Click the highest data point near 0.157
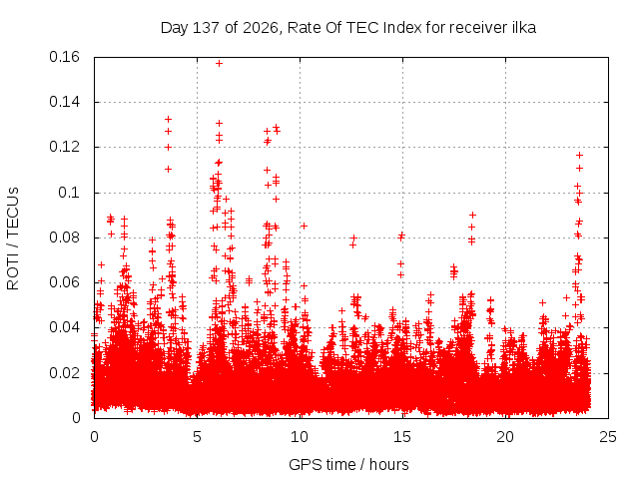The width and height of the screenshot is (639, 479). tap(219, 64)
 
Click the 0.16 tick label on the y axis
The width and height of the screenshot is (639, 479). tap(64, 57)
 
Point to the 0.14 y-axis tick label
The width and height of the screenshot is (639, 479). tap(64, 102)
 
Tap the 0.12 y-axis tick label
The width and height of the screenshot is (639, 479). tap(64, 147)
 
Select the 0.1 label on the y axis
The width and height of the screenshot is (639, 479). tap(69, 193)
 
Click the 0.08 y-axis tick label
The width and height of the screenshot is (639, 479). tap(64, 238)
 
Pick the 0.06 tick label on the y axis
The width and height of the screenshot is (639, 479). tap(64, 282)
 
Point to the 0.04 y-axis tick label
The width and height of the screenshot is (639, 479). tap(64, 327)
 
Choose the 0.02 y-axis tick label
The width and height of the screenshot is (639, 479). tap(64, 372)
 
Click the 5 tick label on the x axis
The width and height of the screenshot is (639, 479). tap(198, 437)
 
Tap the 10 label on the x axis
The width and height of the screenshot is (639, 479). tap(300, 437)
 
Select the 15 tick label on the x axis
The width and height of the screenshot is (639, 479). tap(402, 437)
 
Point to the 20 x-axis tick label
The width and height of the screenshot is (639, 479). tap(505, 437)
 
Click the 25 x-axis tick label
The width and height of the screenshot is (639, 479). tap(608, 437)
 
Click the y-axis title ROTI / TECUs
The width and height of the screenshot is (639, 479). tap(13, 239)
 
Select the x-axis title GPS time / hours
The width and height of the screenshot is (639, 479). tap(348, 465)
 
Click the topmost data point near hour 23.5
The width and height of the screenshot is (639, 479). tap(579, 156)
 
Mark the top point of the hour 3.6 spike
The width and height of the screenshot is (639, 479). tap(168, 120)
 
